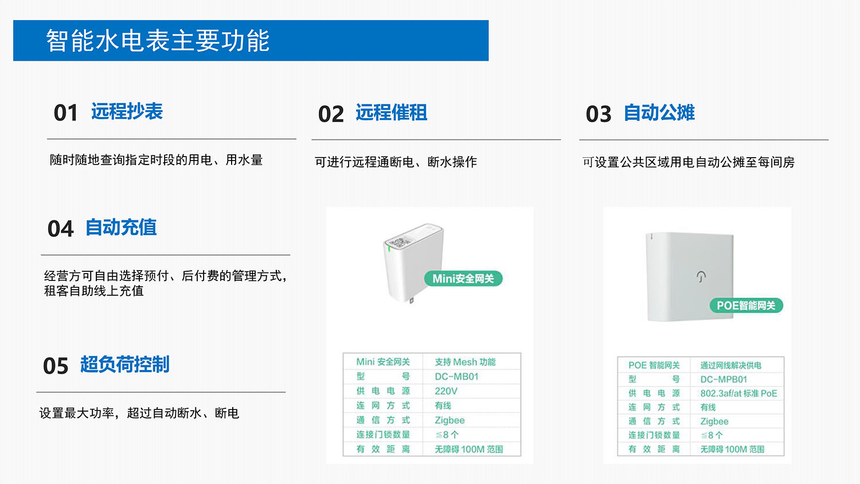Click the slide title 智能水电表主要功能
[158, 41]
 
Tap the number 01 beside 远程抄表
[65, 113]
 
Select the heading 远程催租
[391, 112]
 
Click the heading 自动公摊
[659, 112]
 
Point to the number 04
[60, 229]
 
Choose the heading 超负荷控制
[124, 364]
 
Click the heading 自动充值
[121, 228]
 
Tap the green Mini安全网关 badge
[463, 279]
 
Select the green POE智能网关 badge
[746, 306]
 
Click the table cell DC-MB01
[456, 377]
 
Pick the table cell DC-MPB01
[724, 380]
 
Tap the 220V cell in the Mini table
[446, 391]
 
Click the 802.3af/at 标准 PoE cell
[738, 393]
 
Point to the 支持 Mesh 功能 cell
[465, 362]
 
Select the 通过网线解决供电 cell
[730, 365]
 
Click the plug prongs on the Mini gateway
[411, 300]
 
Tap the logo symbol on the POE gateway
[701, 276]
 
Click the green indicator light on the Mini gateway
[390, 248]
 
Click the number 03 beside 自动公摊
[599, 114]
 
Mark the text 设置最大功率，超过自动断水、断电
[139, 413]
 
